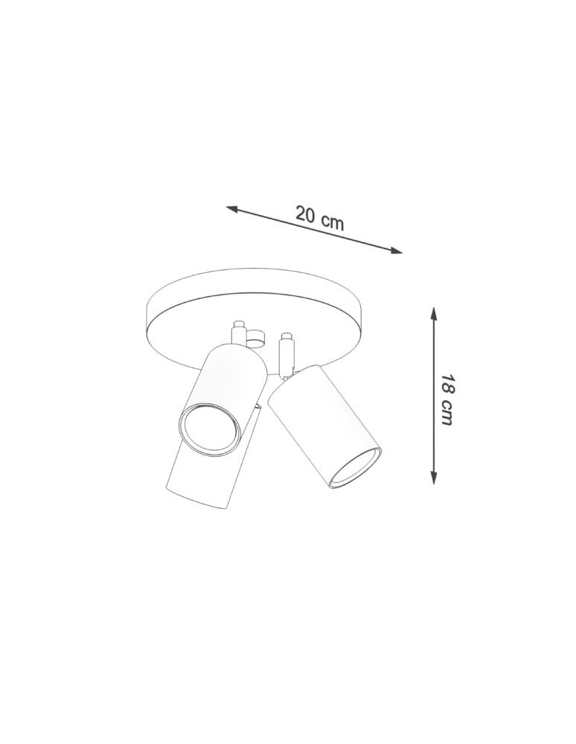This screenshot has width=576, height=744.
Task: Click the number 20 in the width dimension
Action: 305,214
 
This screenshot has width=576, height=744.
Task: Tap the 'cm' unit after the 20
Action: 332,221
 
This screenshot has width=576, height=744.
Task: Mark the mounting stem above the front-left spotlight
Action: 238,331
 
